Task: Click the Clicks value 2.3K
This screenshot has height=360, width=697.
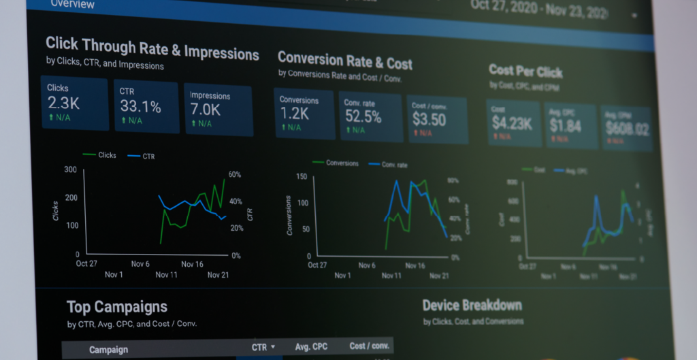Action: tap(63, 103)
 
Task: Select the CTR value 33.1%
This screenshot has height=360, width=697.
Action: tap(140, 106)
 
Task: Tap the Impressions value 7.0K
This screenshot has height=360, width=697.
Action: tap(205, 110)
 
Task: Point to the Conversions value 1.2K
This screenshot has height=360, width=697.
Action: tap(294, 114)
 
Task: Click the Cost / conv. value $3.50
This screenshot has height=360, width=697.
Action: tap(429, 120)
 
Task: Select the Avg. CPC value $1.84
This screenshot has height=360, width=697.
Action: tap(566, 125)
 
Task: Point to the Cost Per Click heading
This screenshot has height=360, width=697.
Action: tap(525, 71)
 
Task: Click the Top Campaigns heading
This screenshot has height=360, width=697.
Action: tap(117, 307)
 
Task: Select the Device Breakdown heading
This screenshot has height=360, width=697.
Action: tap(472, 306)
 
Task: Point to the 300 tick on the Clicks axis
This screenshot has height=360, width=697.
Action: tap(70, 169)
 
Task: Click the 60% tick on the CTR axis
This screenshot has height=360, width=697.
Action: tap(235, 175)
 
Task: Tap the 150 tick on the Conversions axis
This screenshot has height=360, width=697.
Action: tap(302, 177)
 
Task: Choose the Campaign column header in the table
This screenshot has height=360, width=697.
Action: tap(108, 350)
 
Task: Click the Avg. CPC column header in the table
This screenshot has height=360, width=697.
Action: tap(311, 347)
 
